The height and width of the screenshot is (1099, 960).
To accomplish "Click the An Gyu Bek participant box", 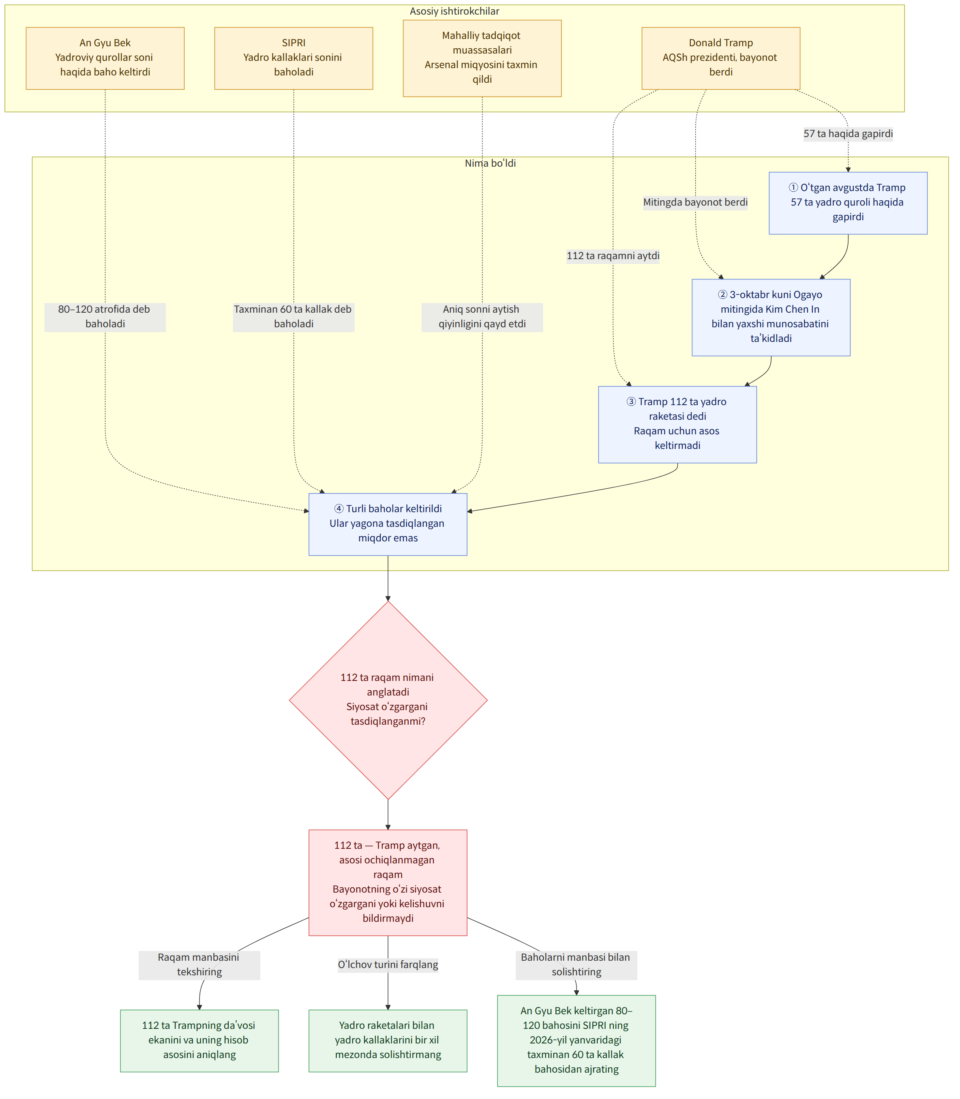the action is (x=105, y=58).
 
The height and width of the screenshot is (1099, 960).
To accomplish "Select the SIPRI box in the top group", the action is (x=294, y=58).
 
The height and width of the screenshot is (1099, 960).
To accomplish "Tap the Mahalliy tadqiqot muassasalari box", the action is (x=482, y=58).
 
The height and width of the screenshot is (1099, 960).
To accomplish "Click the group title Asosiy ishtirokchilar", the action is (x=454, y=11).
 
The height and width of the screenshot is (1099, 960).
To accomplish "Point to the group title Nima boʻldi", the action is (x=490, y=163).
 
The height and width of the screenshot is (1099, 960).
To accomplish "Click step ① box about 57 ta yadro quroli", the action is (x=848, y=202).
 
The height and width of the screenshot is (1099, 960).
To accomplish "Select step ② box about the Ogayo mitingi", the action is (x=771, y=317).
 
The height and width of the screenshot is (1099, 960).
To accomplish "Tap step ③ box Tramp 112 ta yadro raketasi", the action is (x=678, y=424).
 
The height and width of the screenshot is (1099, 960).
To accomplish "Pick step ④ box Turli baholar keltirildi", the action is (x=388, y=524).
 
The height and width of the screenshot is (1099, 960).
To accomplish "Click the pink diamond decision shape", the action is (x=388, y=700).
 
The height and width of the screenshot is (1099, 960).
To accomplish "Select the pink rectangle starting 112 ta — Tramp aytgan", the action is (x=388, y=883).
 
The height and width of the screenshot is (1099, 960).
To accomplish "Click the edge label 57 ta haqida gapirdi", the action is (x=848, y=133).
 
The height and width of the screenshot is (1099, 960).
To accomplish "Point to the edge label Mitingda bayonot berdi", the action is (x=695, y=202).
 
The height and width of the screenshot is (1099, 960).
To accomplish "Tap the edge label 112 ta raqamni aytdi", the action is (x=613, y=255).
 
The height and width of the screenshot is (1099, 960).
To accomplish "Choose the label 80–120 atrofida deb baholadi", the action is (x=105, y=317).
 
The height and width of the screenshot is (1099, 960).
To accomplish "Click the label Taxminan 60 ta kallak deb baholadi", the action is (x=294, y=317).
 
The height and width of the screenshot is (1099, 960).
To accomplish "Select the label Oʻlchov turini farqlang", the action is (x=388, y=964).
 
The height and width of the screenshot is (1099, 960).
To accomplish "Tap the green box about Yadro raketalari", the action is (x=388, y=1040).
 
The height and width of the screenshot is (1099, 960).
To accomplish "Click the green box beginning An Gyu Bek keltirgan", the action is (x=576, y=1040).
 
